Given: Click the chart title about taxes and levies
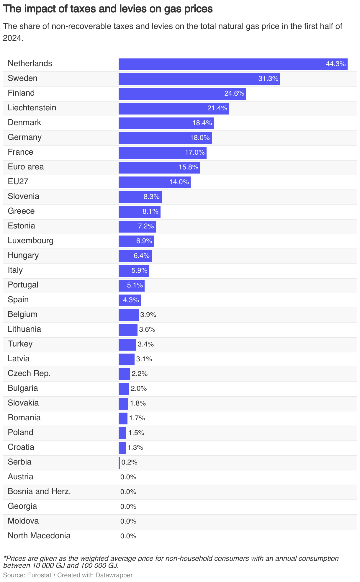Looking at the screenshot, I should (x=108, y=9).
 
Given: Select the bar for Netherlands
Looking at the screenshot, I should (x=233, y=64).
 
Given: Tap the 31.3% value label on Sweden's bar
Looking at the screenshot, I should (x=268, y=79).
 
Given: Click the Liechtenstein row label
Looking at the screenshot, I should (x=32, y=108).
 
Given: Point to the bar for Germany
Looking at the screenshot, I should (x=165, y=138).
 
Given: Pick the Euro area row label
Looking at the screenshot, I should (x=26, y=167).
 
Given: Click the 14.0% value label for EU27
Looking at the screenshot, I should (x=179, y=182).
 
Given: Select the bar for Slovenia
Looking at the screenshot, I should (x=140, y=197).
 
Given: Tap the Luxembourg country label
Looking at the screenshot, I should (x=31, y=241).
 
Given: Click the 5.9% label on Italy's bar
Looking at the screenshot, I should (x=139, y=271).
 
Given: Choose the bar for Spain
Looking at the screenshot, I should (x=130, y=300).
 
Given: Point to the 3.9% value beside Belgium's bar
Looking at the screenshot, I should (x=148, y=315).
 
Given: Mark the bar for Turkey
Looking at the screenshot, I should (x=127, y=345).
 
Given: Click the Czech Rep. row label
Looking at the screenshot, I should (x=29, y=373).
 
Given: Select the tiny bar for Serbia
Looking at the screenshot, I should (x=119, y=463).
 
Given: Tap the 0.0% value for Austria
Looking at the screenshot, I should (x=128, y=477).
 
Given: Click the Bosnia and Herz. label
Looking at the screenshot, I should (x=39, y=491).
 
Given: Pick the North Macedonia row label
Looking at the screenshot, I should (x=39, y=536).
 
